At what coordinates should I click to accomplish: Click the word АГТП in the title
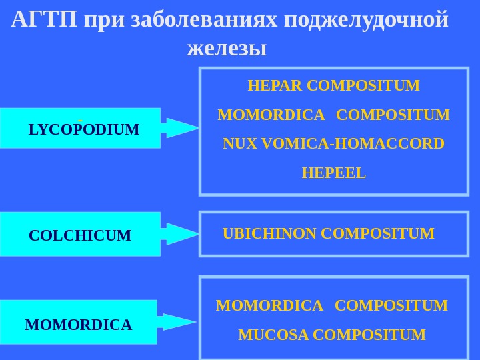45,20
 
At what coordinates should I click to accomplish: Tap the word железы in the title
227,49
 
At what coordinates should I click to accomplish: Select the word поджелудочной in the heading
366,20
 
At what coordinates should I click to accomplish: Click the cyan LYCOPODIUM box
81,128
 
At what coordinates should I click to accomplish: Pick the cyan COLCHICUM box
81,235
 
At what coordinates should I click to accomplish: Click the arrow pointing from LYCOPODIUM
180,127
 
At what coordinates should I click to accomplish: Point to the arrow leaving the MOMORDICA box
177,323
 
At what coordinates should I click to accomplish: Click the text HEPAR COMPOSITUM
333,86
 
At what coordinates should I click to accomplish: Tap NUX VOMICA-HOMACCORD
333,144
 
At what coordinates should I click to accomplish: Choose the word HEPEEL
333,173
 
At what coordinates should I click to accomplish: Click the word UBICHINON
269,233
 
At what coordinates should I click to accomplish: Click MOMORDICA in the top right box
271,115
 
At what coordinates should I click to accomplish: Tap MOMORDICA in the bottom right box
269,305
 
